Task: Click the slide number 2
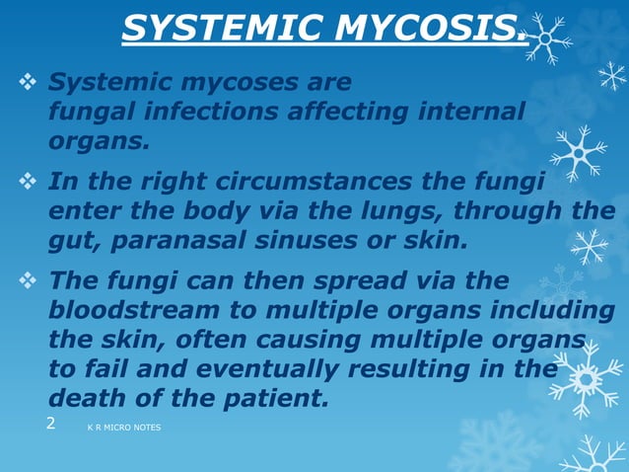pos(51,425)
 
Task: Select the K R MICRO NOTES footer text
pos(123,428)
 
